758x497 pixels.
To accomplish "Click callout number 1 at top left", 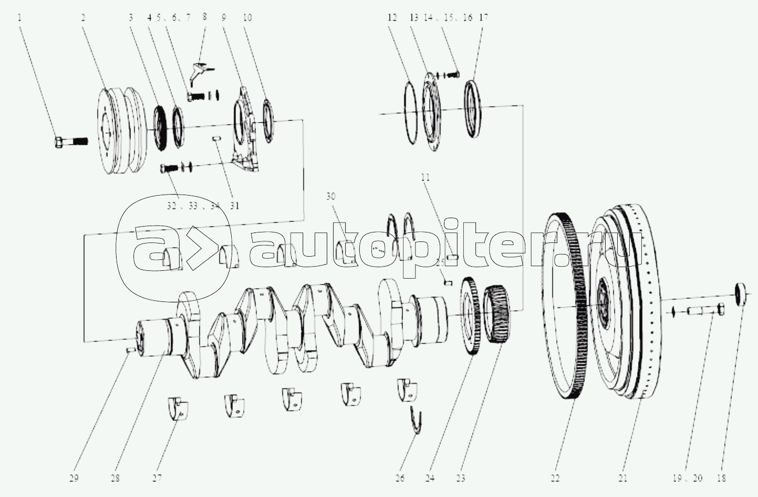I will [x=19, y=17].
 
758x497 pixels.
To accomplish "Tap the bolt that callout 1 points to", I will [x=70, y=141].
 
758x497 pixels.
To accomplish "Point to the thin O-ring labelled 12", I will [x=411, y=111].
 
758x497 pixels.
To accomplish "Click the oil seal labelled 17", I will [x=473, y=109].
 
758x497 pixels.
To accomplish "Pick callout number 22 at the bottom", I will [x=555, y=478].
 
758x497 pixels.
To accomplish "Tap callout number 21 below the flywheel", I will [x=623, y=478].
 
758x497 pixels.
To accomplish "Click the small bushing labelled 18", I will [x=742, y=294].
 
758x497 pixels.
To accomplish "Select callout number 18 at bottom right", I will [x=721, y=478].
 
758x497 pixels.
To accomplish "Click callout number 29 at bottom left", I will [x=73, y=478].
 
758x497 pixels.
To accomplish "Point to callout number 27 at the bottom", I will [x=157, y=478].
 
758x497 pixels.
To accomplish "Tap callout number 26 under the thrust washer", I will [x=400, y=478].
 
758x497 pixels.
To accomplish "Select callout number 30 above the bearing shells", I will [x=330, y=197].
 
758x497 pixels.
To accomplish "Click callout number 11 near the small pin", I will [x=425, y=178].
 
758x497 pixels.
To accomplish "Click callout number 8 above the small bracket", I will [x=204, y=17].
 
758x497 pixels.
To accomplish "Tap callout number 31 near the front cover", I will [x=234, y=206].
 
